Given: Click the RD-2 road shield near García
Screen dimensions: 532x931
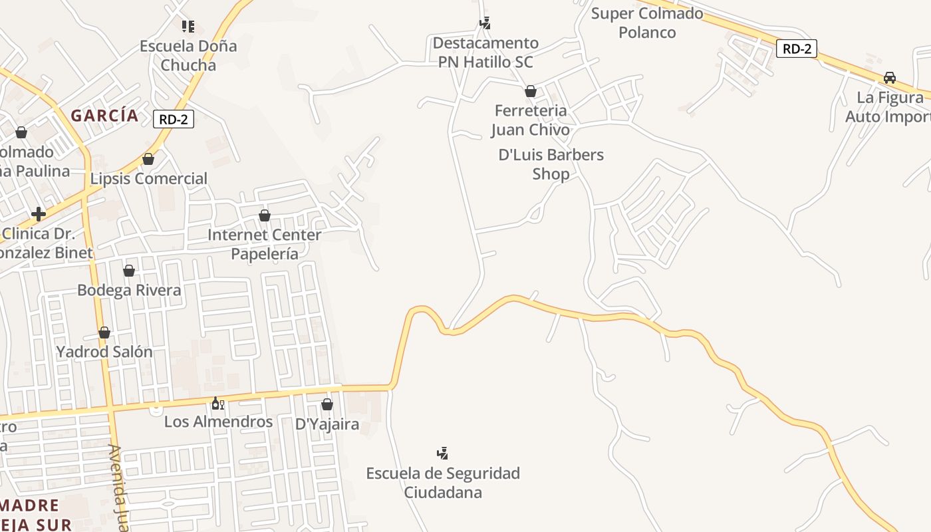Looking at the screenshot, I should (174, 119).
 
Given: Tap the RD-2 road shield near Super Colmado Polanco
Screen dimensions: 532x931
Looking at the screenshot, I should (796, 49).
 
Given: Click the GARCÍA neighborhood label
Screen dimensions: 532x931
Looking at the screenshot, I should (105, 116).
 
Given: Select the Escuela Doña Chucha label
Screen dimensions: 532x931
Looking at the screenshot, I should (188, 55).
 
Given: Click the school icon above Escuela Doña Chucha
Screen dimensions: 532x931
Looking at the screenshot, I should (188, 27).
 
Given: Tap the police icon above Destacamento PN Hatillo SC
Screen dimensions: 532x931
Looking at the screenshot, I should (485, 23).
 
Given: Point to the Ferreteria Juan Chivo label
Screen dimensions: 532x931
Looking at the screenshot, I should (530, 120).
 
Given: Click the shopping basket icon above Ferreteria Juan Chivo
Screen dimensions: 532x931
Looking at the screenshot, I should (531, 91).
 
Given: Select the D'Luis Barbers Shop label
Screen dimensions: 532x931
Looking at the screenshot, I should (551, 164).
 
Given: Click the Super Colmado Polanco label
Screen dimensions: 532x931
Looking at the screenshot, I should (647, 23).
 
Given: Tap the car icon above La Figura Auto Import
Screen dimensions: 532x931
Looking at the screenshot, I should (890, 78).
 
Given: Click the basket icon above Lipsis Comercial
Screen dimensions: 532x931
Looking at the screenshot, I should (148, 160).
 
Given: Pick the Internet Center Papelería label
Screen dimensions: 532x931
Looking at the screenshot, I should (264, 244).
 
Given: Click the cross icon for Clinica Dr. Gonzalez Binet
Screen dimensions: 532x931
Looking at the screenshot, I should (39, 214).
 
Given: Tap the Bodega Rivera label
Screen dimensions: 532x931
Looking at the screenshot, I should (129, 291).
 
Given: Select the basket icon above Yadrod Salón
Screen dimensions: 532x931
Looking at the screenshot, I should (104, 332).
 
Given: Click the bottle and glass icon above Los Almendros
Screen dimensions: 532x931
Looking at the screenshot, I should (218, 403).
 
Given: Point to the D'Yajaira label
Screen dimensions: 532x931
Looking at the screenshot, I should (327, 424).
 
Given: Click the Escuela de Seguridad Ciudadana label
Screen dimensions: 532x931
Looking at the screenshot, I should (443, 483).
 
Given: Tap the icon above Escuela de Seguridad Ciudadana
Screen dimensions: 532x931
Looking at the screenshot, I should (442, 454).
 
